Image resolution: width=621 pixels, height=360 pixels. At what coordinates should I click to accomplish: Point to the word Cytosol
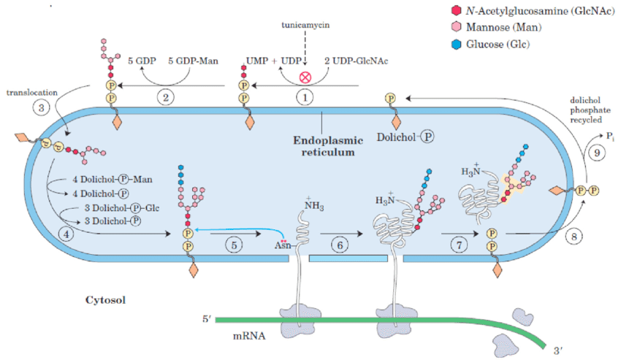[107, 299]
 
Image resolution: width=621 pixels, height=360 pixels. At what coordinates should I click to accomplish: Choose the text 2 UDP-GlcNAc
[357, 61]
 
